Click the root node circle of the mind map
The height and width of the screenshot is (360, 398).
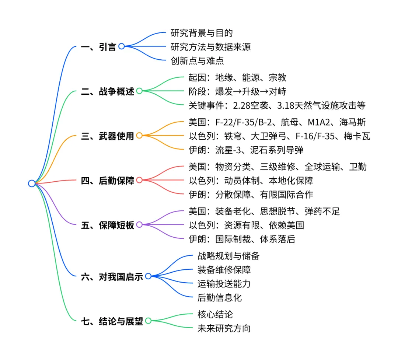[32, 183]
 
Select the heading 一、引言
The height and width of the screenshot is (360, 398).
[98, 47]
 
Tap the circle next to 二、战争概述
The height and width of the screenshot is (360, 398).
[139, 91]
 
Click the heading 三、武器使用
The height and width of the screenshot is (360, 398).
[108, 136]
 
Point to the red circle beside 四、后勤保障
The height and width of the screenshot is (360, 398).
[139, 180]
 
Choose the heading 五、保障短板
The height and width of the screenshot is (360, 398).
[108, 225]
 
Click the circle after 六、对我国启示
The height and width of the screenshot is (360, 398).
[148, 276]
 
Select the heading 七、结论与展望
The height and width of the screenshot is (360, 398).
[112, 321]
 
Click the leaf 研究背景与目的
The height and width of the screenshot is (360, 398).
[202, 33]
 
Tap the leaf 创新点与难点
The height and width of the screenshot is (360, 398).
[197, 61]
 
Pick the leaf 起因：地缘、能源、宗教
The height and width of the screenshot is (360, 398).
[237, 77]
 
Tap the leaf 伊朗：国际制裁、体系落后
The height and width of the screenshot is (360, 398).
[241, 239]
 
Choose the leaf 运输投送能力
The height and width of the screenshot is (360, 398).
[224, 284]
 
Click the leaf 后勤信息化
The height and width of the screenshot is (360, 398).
[220, 297]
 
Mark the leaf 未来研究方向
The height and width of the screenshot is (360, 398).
[224, 328]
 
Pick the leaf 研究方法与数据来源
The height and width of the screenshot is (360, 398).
[211, 47]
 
